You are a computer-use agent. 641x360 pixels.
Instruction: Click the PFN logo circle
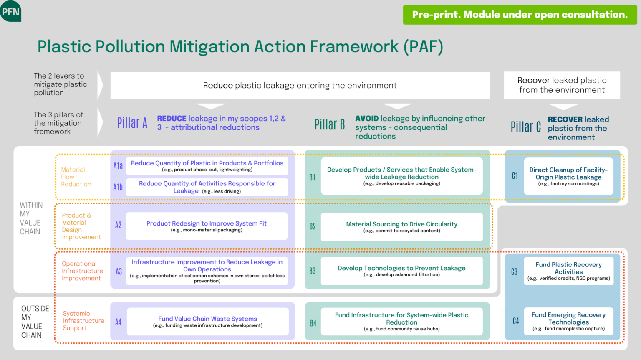pyautogui.click(x=10, y=11)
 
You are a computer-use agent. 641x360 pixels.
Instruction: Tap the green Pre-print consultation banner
pyautogui.click(x=520, y=15)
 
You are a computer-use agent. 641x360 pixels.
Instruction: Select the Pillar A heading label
pyautogui.click(x=132, y=123)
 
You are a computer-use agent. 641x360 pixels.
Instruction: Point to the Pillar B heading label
pyautogui.click(x=329, y=124)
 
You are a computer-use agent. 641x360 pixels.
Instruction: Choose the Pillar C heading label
pyautogui.click(x=525, y=127)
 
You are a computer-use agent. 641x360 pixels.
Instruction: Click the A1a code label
pyautogui.click(x=118, y=166)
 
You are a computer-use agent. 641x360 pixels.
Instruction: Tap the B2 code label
pyautogui.click(x=313, y=226)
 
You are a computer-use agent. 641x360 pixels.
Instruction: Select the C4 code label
pyautogui.click(x=516, y=321)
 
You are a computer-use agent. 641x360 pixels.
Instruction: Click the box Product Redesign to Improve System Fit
pyautogui.click(x=207, y=226)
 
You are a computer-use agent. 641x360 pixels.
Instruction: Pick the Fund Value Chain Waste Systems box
pyautogui.click(x=207, y=321)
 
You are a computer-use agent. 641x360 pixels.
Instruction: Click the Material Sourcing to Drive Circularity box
pyautogui.click(x=401, y=227)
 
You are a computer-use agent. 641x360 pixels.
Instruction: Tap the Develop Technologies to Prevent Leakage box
pyautogui.click(x=401, y=271)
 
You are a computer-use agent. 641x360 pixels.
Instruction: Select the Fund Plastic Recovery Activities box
pyautogui.click(x=568, y=271)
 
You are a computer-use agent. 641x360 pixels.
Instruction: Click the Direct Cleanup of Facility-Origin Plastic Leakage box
pyautogui.click(x=568, y=176)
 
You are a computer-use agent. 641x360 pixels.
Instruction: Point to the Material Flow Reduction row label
pyautogui.click(x=76, y=177)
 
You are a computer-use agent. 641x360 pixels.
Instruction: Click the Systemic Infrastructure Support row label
pyautogui.click(x=83, y=321)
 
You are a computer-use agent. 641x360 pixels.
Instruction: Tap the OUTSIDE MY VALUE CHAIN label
pyautogui.click(x=35, y=322)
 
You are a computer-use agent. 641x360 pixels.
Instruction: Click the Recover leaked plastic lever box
pyautogui.click(x=562, y=85)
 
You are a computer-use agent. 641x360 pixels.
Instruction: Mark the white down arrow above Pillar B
pyautogui.click(x=397, y=106)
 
